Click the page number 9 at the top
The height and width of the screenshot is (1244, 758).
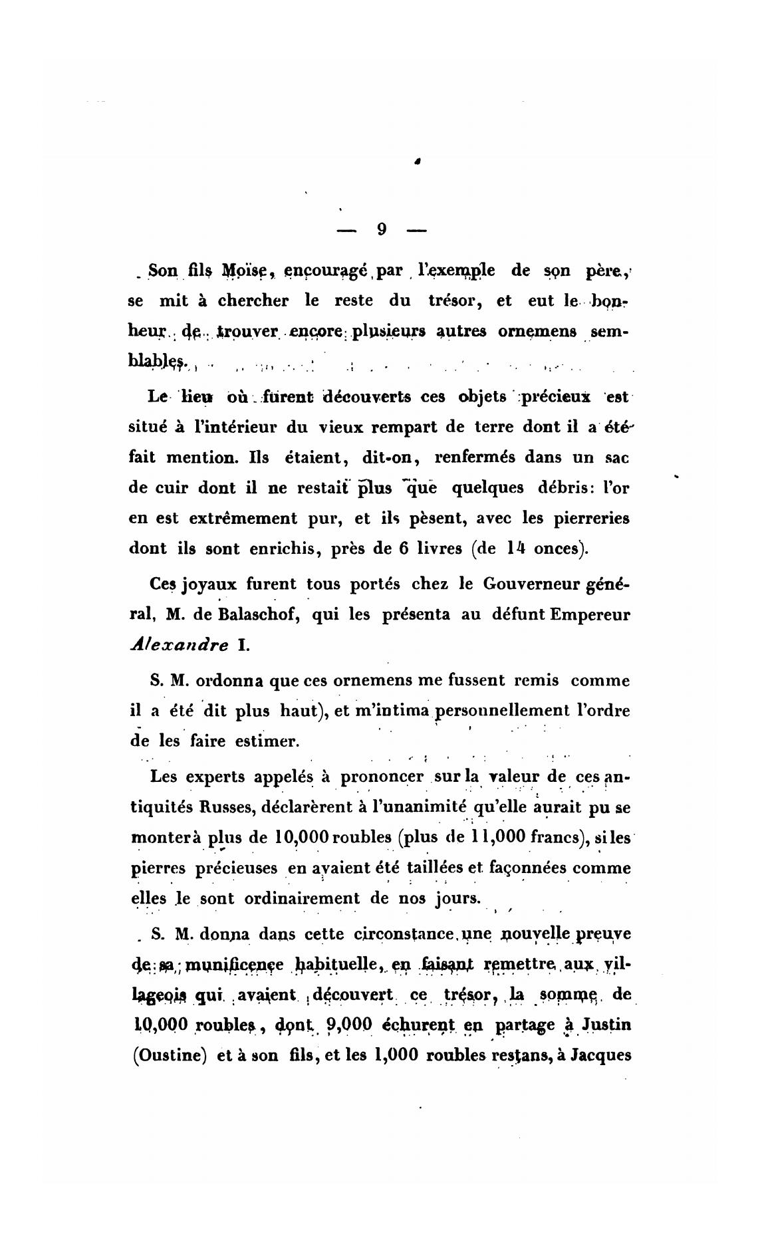pyautogui.click(x=382, y=229)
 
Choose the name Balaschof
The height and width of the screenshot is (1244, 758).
pyautogui.click(x=257, y=615)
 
